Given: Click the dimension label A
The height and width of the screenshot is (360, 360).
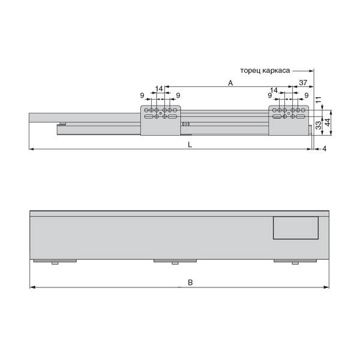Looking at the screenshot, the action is point(230,83).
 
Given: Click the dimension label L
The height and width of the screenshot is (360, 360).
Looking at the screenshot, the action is point(190,145).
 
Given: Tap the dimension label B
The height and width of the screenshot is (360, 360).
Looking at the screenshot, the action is point(190,283).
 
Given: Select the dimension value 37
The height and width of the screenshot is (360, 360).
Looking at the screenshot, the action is point(303,82).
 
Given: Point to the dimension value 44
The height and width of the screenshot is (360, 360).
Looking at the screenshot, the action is point(328,122).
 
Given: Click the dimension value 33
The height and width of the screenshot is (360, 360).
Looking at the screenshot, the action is point(319,125).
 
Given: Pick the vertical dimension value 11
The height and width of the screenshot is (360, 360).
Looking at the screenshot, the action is point(319,100).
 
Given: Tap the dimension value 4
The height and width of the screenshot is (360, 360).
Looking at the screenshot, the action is point(324,149).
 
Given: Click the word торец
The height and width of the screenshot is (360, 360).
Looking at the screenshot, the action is point(250,70).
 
